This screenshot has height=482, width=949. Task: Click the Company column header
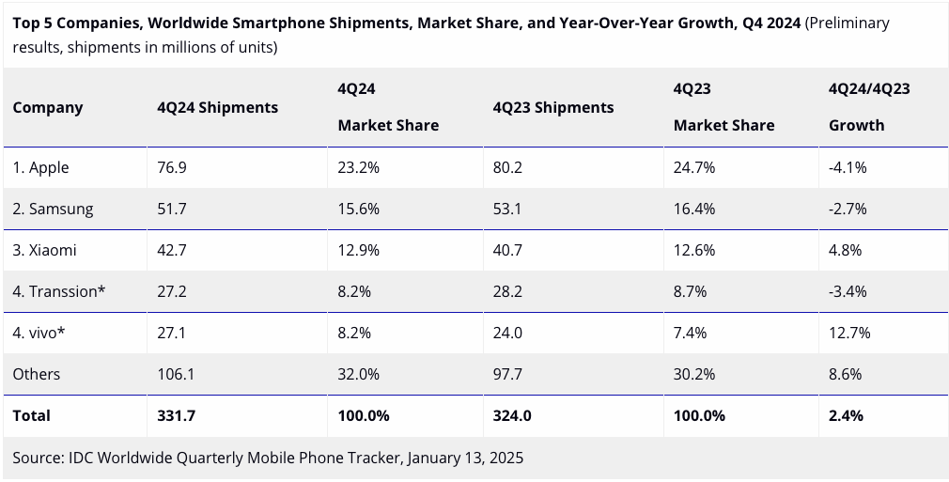(x=48, y=107)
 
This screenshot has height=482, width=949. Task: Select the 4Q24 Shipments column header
(x=217, y=107)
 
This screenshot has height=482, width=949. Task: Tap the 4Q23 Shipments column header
(x=552, y=107)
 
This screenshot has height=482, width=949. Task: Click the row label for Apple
(x=41, y=167)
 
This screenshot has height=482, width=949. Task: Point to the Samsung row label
(x=54, y=209)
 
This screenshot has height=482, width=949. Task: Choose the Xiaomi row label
(x=45, y=250)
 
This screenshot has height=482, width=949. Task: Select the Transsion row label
(x=59, y=291)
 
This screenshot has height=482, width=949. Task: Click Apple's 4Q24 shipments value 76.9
(x=172, y=167)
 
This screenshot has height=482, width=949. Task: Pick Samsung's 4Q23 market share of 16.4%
(x=694, y=209)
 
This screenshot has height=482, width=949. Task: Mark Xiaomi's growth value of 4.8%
(x=845, y=250)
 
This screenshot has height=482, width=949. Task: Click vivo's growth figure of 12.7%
(x=849, y=333)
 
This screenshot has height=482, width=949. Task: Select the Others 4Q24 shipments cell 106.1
(x=176, y=374)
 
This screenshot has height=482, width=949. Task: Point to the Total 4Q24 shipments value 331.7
(x=176, y=415)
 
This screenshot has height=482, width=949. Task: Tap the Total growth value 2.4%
(x=846, y=415)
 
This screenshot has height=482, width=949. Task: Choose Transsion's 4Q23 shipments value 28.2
(x=507, y=291)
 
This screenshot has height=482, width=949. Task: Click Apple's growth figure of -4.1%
(x=848, y=167)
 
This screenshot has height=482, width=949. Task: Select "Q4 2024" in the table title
(x=769, y=23)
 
